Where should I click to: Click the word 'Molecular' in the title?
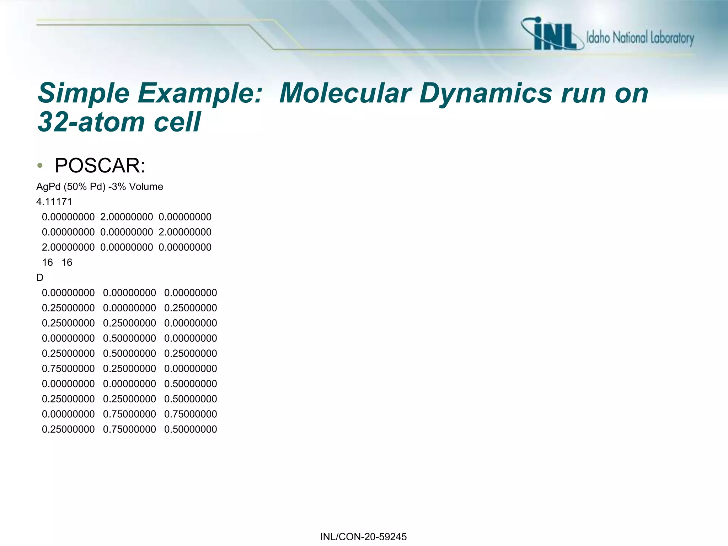pyautogui.click(x=345, y=93)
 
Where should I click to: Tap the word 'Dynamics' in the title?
pyautogui.click(x=485, y=93)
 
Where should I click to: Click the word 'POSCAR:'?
pyautogui.click(x=100, y=166)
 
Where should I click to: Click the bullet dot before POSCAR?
pyautogui.click(x=40, y=166)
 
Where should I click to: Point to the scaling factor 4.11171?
pyautogui.click(x=54, y=202)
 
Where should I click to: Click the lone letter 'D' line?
pyautogui.click(x=40, y=278)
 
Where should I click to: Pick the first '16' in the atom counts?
pyautogui.click(x=47, y=263)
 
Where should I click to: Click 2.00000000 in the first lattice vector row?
pyautogui.click(x=127, y=217)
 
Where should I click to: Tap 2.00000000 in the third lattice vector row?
pyautogui.click(x=68, y=247)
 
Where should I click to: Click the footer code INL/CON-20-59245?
pyautogui.click(x=363, y=537)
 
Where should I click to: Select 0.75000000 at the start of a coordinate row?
pyautogui.click(x=68, y=369)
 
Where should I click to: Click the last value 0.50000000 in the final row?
pyautogui.click(x=191, y=429)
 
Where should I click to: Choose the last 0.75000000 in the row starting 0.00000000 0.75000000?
pyautogui.click(x=191, y=414)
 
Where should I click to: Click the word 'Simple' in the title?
pyautogui.click(x=83, y=93)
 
